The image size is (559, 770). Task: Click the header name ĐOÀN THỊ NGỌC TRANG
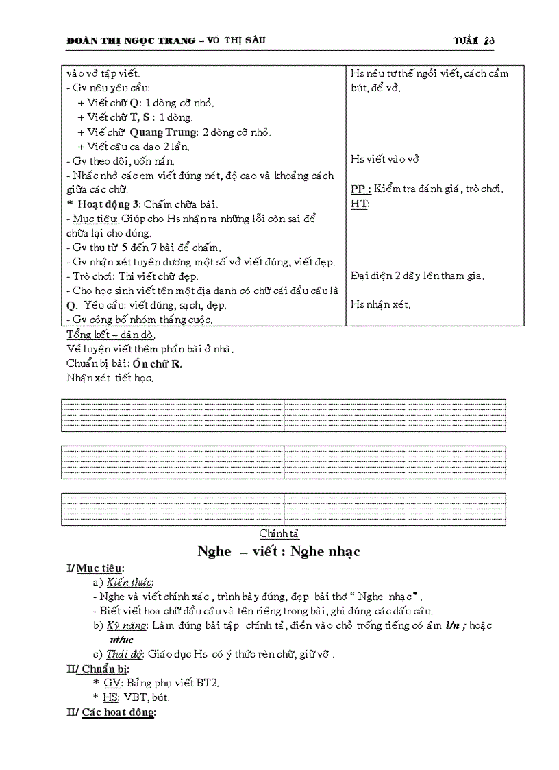[x=129, y=40]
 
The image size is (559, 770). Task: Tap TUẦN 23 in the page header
[x=473, y=40]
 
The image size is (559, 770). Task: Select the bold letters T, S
[x=139, y=117]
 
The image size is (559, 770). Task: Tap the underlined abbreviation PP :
[x=361, y=189]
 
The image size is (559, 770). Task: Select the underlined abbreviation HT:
[x=360, y=204]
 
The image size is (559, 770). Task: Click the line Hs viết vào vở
[x=384, y=159]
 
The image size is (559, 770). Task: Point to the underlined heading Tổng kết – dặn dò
[x=110, y=335]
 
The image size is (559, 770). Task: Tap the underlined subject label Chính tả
[x=279, y=533]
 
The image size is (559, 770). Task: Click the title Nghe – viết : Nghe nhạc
[x=279, y=551]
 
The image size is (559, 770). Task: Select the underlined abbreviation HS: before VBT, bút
[x=111, y=697]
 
